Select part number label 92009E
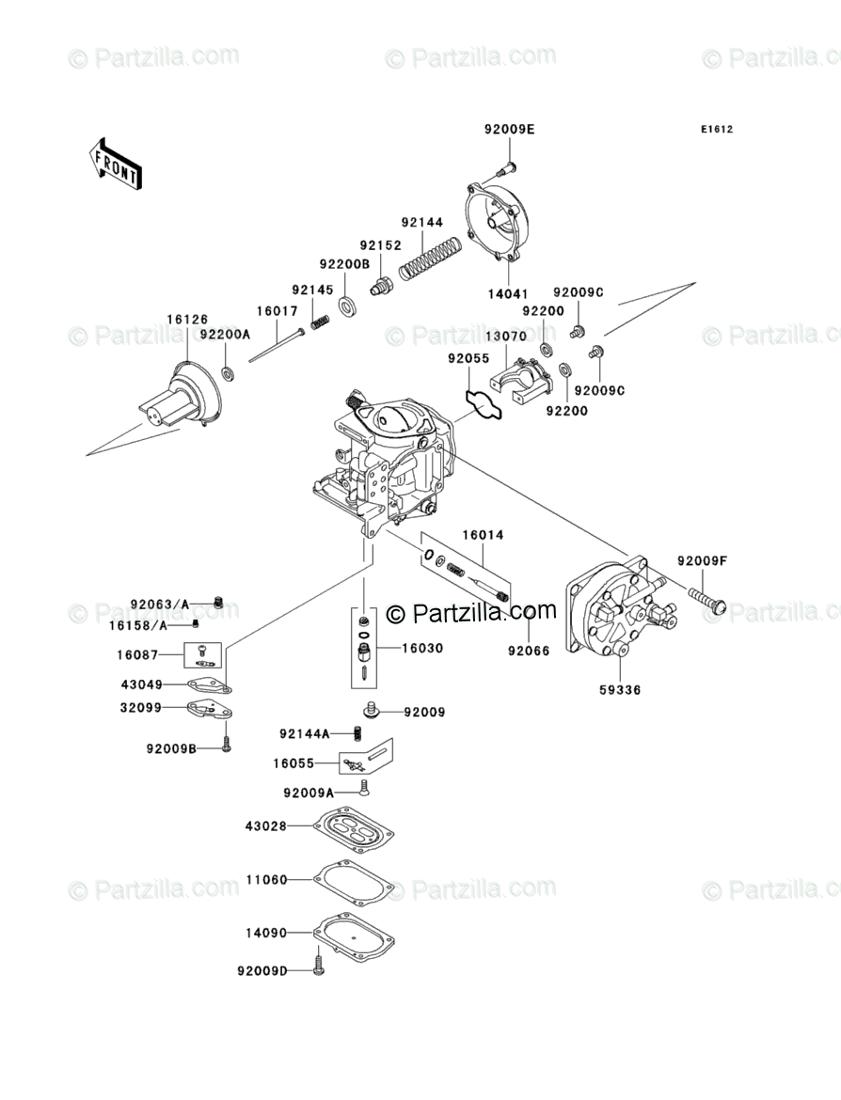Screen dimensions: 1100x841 (x=509, y=128)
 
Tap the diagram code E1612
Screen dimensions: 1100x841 (x=715, y=130)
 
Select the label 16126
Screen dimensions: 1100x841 (x=187, y=320)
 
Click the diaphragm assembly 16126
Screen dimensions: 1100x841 (x=184, y=396)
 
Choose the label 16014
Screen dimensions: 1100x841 (x=483, y=535)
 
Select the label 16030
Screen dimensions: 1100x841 (x=422, y=649)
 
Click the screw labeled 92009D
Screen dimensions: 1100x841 (x=318, y=969)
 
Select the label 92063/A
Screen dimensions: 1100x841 (x=160, y=604)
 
